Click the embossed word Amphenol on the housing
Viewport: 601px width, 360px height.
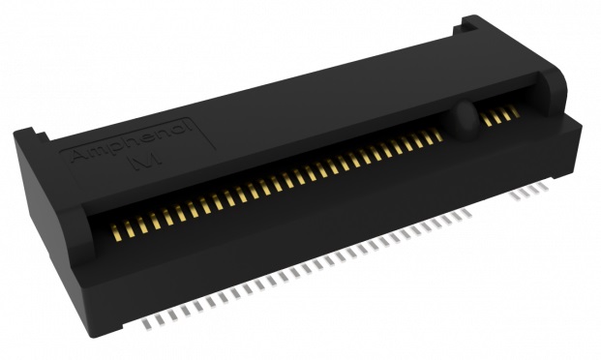[132, 141]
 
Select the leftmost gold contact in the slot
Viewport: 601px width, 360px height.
[116, 232]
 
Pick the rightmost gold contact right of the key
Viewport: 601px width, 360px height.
[514, 112]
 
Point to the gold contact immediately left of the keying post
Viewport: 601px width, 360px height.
[436, 135]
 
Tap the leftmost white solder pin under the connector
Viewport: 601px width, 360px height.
[147, 324]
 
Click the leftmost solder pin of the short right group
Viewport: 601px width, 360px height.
[516, 195]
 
